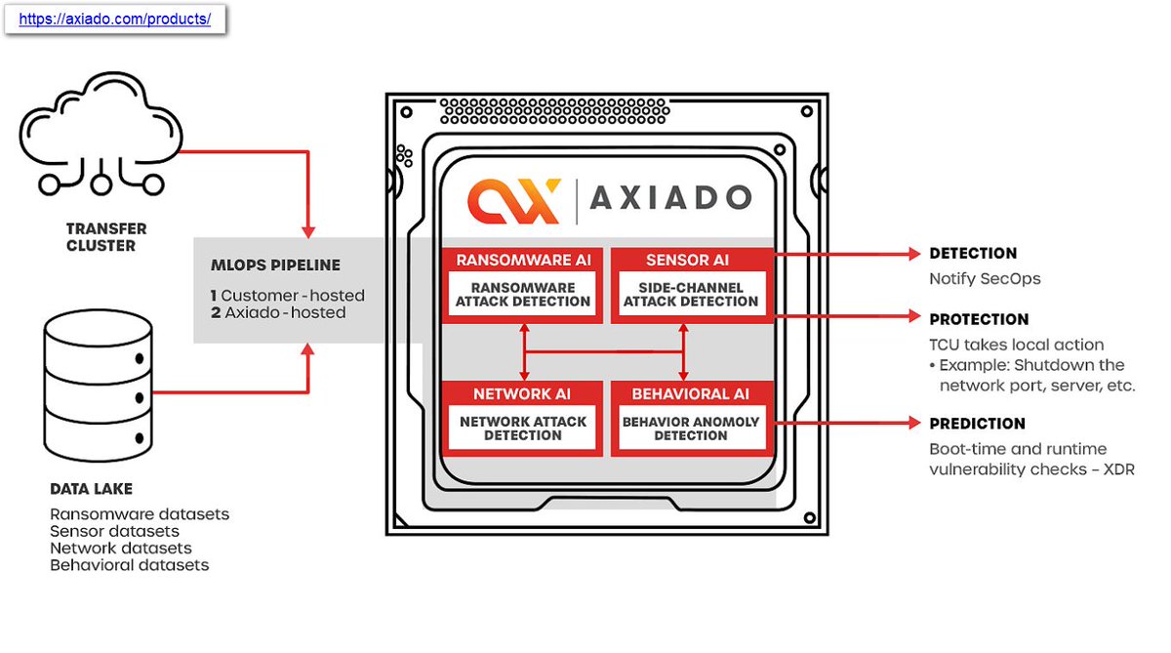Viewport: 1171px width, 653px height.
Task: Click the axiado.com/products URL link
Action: [115, 19]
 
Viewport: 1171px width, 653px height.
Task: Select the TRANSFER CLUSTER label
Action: [106, 237]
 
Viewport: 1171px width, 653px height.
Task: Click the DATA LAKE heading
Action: [91, 488]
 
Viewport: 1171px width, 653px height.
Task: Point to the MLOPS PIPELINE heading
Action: [277, 265]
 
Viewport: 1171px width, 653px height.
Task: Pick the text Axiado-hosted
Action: [284, 312]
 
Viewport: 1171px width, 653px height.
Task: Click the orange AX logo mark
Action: [513, 200]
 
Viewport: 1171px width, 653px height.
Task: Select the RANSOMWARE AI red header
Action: [523, 260]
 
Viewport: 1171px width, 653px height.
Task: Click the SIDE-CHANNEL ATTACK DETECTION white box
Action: [691, 295]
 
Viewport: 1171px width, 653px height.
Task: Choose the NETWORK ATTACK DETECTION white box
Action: [523, 429]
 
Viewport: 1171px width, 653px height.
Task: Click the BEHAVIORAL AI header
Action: [691, 393]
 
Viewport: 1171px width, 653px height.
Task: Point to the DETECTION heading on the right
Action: [973, 253]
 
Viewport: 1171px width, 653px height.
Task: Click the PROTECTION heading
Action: [979, 319]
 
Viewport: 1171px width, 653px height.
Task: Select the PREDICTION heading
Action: [977, 424]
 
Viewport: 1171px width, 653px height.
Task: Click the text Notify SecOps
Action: [985, 279]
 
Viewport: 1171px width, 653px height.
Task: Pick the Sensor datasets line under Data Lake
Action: [115, 531]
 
